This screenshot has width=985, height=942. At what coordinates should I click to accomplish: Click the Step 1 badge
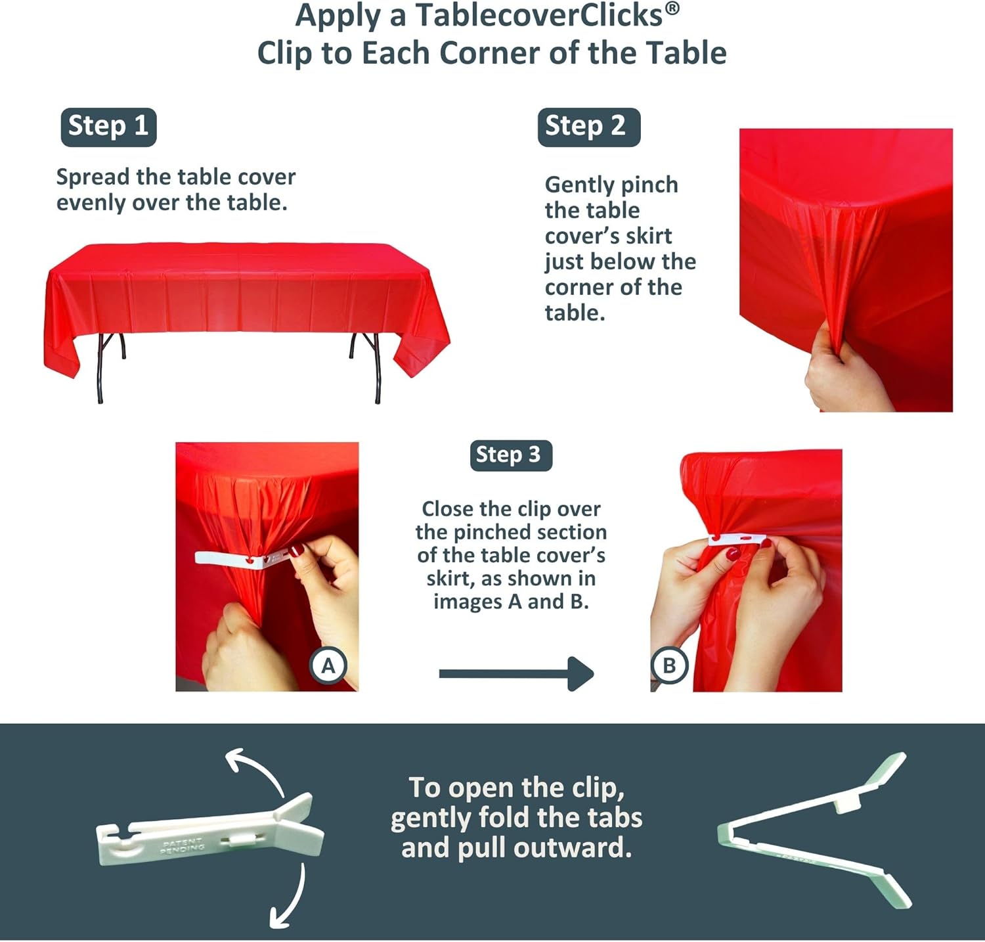click(108, 126)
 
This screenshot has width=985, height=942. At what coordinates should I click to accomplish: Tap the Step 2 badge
click(588, 126)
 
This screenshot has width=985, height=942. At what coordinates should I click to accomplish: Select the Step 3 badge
click(510, 455)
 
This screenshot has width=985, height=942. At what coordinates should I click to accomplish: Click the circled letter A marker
click(328, 665)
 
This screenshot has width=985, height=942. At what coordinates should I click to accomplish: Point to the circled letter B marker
click(668, 665)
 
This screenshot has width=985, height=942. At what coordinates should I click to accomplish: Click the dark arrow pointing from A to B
click(516, 673)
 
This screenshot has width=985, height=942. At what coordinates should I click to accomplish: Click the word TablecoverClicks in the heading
click(538, 16)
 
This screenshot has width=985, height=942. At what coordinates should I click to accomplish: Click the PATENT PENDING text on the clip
click(183, 845)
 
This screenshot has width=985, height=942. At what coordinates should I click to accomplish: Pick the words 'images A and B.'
click(510, 602)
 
